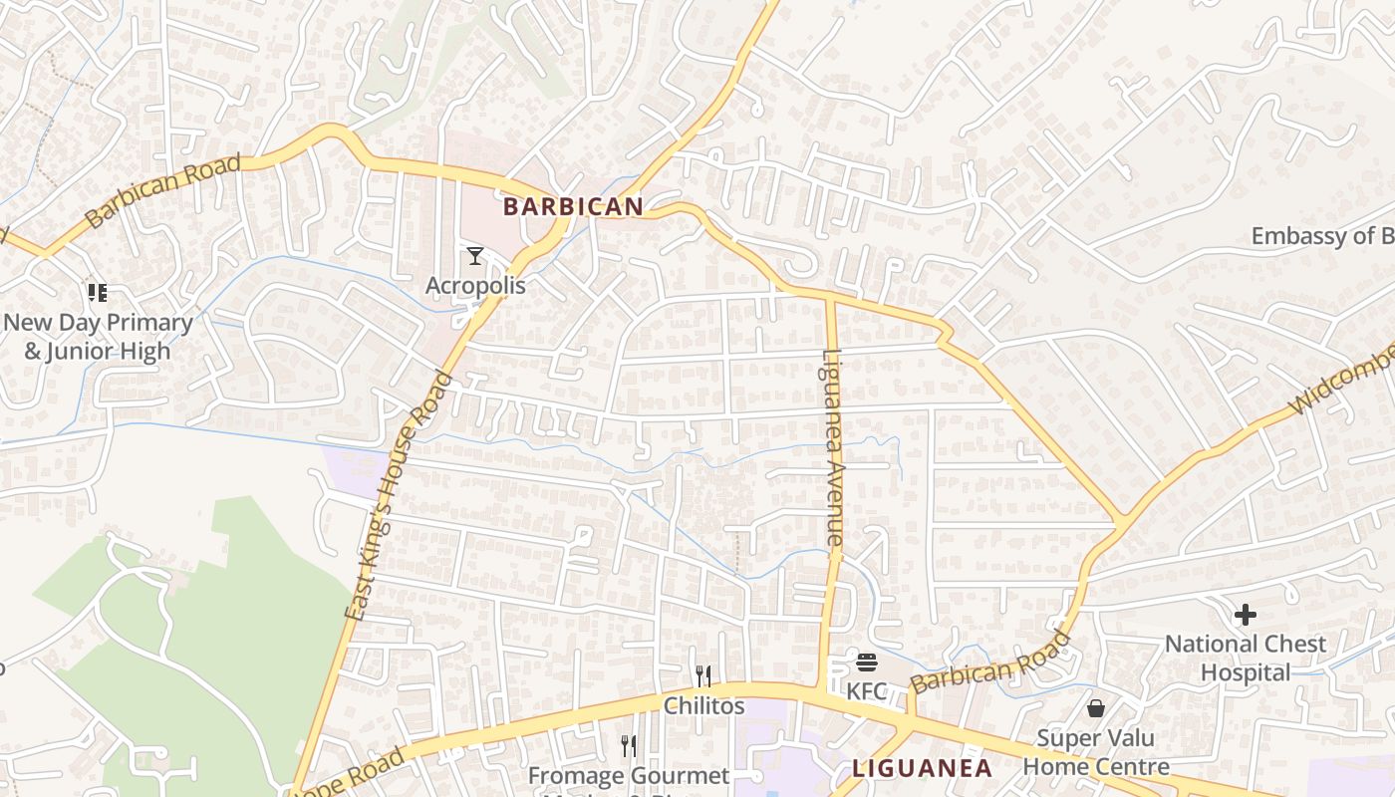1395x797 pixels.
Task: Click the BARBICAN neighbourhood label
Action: click(573, 207)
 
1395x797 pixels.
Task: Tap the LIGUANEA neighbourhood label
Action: click(923, 768)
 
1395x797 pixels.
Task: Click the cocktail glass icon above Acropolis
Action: click(475, 257)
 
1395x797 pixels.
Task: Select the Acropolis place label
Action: click(475, 286)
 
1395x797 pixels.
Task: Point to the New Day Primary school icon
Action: click(97, 292)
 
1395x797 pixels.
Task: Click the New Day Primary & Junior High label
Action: click(98, 337)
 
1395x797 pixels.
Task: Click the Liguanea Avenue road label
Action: click(834, 448)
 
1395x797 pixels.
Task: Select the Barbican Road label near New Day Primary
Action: click(164, 191)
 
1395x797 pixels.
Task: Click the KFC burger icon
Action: click(866, 663)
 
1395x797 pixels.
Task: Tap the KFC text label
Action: click(866, 690)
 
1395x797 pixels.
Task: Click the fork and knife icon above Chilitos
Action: click(703, 676)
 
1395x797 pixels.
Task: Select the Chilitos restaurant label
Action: click(704, 705)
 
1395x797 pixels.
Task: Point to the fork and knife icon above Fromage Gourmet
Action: click(629, 746)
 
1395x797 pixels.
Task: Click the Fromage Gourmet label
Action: click(629, 776)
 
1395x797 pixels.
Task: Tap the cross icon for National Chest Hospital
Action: click(1246, 615)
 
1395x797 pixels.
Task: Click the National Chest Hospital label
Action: click(1246, 658)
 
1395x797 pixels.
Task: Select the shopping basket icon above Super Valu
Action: click(1096, 708)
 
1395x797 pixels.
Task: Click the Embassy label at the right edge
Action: click(1322, 236)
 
